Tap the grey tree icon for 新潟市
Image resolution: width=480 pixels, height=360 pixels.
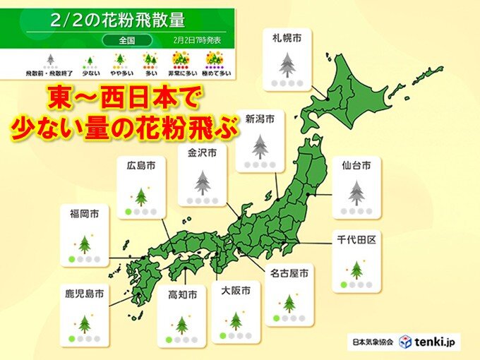(261, 147)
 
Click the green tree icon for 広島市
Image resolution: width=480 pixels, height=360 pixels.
(141, 196)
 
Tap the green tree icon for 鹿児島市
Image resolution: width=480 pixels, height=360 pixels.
(85, 324)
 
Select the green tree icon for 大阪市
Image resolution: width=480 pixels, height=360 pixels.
(235, 321)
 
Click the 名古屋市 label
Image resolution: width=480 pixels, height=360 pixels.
(289, 271)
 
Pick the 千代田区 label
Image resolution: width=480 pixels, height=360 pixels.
(356, 241)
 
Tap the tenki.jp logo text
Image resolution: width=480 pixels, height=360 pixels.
(436, 342)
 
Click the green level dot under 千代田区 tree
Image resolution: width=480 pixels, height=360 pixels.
(344, 285)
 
